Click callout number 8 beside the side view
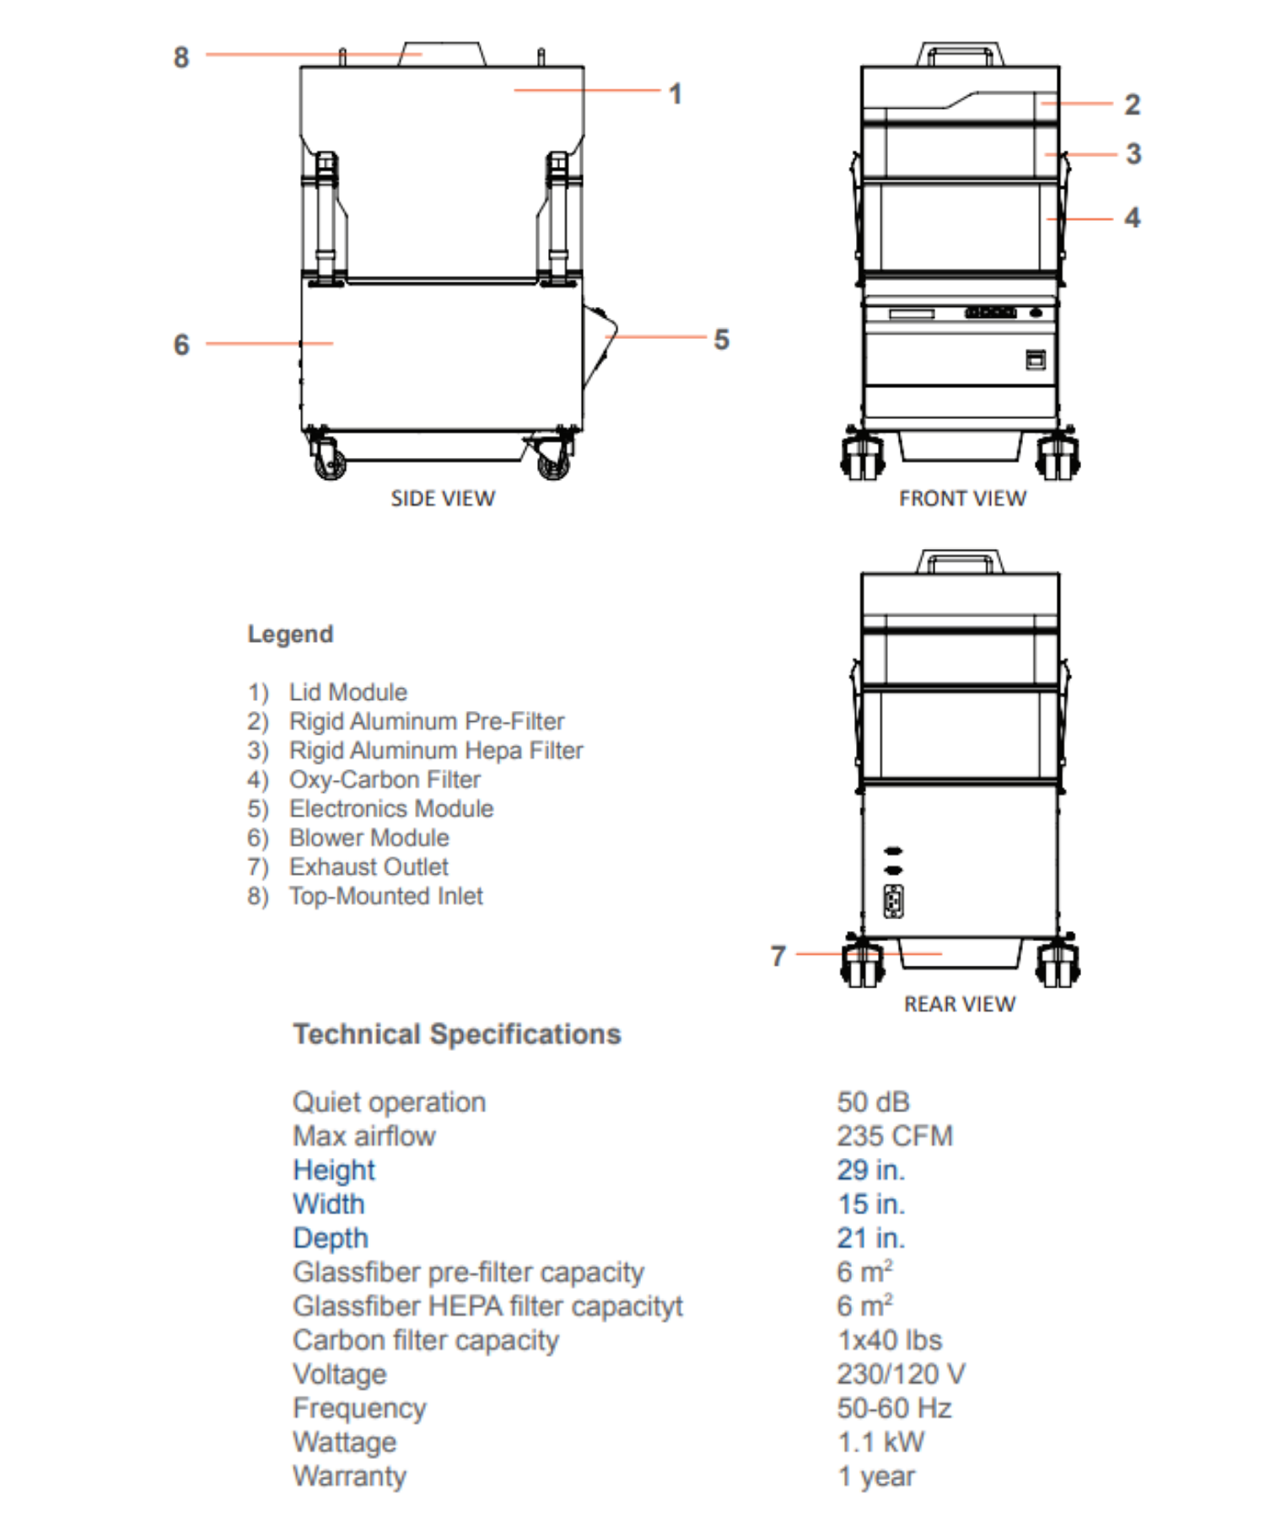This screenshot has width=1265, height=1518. (x=181, y=57)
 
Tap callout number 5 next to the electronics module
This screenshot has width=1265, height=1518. (x=721, y=339)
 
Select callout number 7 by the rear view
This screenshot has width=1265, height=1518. (x=778, y=955)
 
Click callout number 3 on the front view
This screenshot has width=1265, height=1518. (x=1133, y=153)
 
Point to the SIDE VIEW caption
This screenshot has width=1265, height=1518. (x=443, y=498)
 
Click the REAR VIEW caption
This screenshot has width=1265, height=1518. (x=960, y=1004)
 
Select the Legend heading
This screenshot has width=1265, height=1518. (x=290, y=633)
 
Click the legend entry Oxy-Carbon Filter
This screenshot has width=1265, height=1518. (x=385, y=779)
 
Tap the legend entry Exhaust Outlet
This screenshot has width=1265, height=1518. (x=369, y=867)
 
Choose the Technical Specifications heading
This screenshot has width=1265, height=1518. (x=456, y=1034)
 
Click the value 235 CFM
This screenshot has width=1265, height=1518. (x=894, y=1136)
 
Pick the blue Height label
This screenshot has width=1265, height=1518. (x=334, y=1170)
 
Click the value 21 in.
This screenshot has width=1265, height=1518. (x=870, y=1238)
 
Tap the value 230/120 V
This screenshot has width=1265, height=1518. (x=901, y=1374)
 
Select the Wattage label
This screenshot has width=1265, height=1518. (x=344, y=1442)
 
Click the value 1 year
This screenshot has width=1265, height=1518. (x=875, y=1476)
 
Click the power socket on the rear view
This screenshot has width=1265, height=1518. (x=893, y=902)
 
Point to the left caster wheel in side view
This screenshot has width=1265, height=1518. (x=330, y=461)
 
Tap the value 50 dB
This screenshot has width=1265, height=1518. (x=873, y=1102)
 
